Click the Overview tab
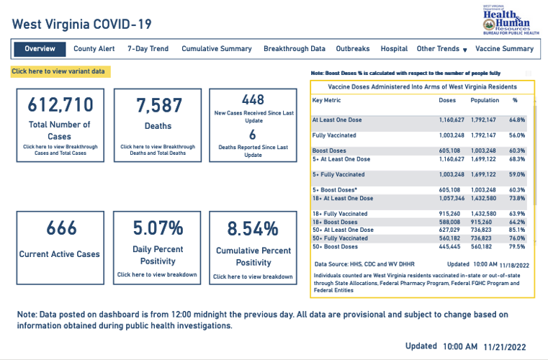pos(40,49)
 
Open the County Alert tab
pos(94,49)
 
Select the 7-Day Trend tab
pos(148,49)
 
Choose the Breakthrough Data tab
pos(294,49)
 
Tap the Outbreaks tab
pos(353,49)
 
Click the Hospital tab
pos(394,49)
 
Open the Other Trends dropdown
pos(442,49)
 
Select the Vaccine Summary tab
pos(505,49)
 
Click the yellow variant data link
pos(58,71)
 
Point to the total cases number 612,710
pos(60,105)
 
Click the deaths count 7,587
pos(158,105)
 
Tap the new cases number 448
pos(253,99)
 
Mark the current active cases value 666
pos(60,228)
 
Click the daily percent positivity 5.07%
pos(158,228)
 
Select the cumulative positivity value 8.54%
pos(253,229)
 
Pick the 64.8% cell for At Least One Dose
pos(517,120)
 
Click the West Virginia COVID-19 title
pos(82,24)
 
